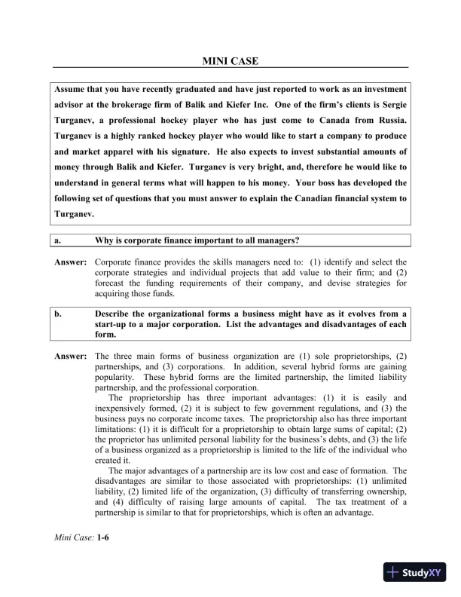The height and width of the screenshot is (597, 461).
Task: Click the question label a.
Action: coord(57,240)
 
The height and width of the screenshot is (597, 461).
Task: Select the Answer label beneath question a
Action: coord(70,262)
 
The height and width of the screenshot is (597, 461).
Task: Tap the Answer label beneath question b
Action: coord(70,355)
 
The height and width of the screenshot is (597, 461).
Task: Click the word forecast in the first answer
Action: coord(111,283)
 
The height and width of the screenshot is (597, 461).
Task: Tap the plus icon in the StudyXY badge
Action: coord(393,572)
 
